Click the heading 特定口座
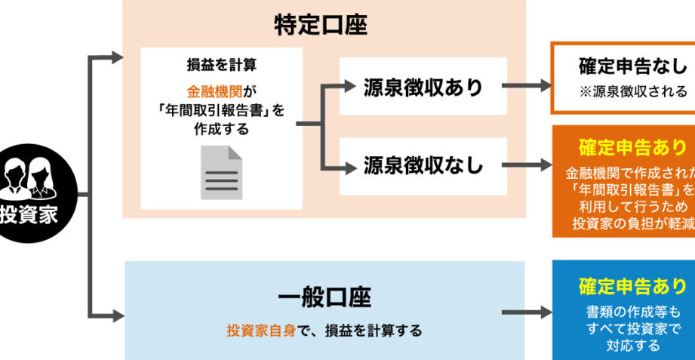321,26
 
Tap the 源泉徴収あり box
423,87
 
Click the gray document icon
221,173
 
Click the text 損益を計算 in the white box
221,63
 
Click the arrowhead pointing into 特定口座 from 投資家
115,57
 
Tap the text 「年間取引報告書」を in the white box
221,110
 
